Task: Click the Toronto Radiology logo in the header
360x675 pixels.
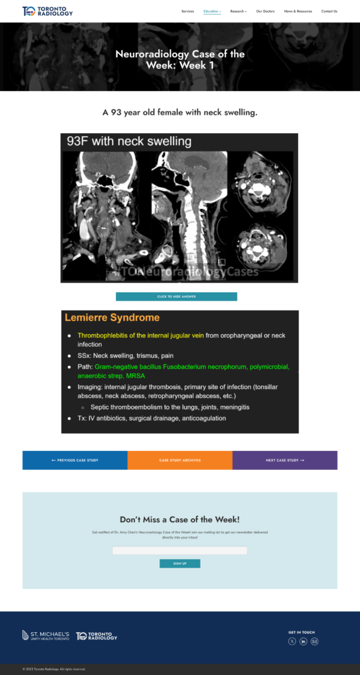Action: (x=47, y=11)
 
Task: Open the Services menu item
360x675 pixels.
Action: (x=187, y=11)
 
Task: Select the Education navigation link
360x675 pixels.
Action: (x=212, y=11)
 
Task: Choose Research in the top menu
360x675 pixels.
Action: (x=237, y=11)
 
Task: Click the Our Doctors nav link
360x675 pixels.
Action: (x=265, y=11)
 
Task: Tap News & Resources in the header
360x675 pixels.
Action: (x=298, y=11)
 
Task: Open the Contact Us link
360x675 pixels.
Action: (x=329, y=11)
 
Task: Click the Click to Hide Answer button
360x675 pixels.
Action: (x=176, y=297)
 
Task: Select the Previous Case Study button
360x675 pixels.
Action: (x=75, y=460)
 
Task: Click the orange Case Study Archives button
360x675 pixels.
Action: (x=180, y=460)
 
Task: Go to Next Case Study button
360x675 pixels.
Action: (x=285, y=460)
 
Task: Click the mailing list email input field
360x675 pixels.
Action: (x=179, y=550)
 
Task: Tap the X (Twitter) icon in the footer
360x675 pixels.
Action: (x=292, y=641)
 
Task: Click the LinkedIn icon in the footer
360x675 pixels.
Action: (x=303, y=641)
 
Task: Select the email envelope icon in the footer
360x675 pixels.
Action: (x=315, y=641)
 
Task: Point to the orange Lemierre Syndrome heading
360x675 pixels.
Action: (x=112, y=318)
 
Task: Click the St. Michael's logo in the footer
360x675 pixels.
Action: (x=45, y=635)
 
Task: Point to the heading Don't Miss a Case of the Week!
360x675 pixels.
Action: (x=179, y=519)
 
